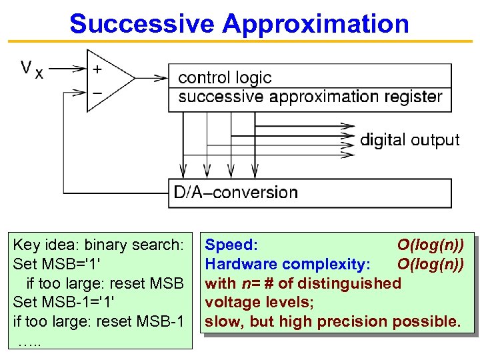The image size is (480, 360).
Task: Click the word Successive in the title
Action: pos(142,24)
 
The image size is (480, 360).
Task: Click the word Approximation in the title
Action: pos(315,24)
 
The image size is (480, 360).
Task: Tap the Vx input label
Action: pos(31,69)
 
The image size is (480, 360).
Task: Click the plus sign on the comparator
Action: pos(97,69)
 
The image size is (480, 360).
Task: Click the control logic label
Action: pos(225,77)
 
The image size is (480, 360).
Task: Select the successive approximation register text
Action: pos(310,97)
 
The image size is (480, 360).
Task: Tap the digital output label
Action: pos(409,140)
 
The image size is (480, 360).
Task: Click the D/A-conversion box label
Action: pos(235,193)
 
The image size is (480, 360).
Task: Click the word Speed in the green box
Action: pos(231,245)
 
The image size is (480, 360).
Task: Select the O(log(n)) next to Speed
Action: pos(431,245)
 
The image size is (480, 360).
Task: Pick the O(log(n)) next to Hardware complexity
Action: pos(431,264)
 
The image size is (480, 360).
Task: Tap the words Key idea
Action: pos(40,245)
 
